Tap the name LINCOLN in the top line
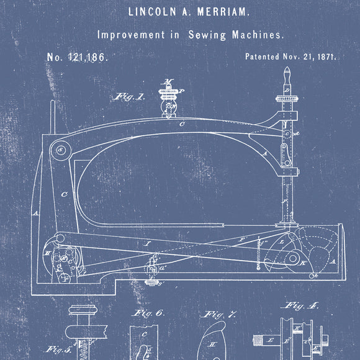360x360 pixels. tap(150, 11)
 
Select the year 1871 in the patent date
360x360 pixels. tap(325, 56)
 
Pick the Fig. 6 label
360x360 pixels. tap(149, 314)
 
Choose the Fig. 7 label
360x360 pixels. tap(221, 315)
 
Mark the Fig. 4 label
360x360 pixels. tap(299, 306)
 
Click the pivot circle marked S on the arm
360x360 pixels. tap(61, 150)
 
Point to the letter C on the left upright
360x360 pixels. tap(64, 193)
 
